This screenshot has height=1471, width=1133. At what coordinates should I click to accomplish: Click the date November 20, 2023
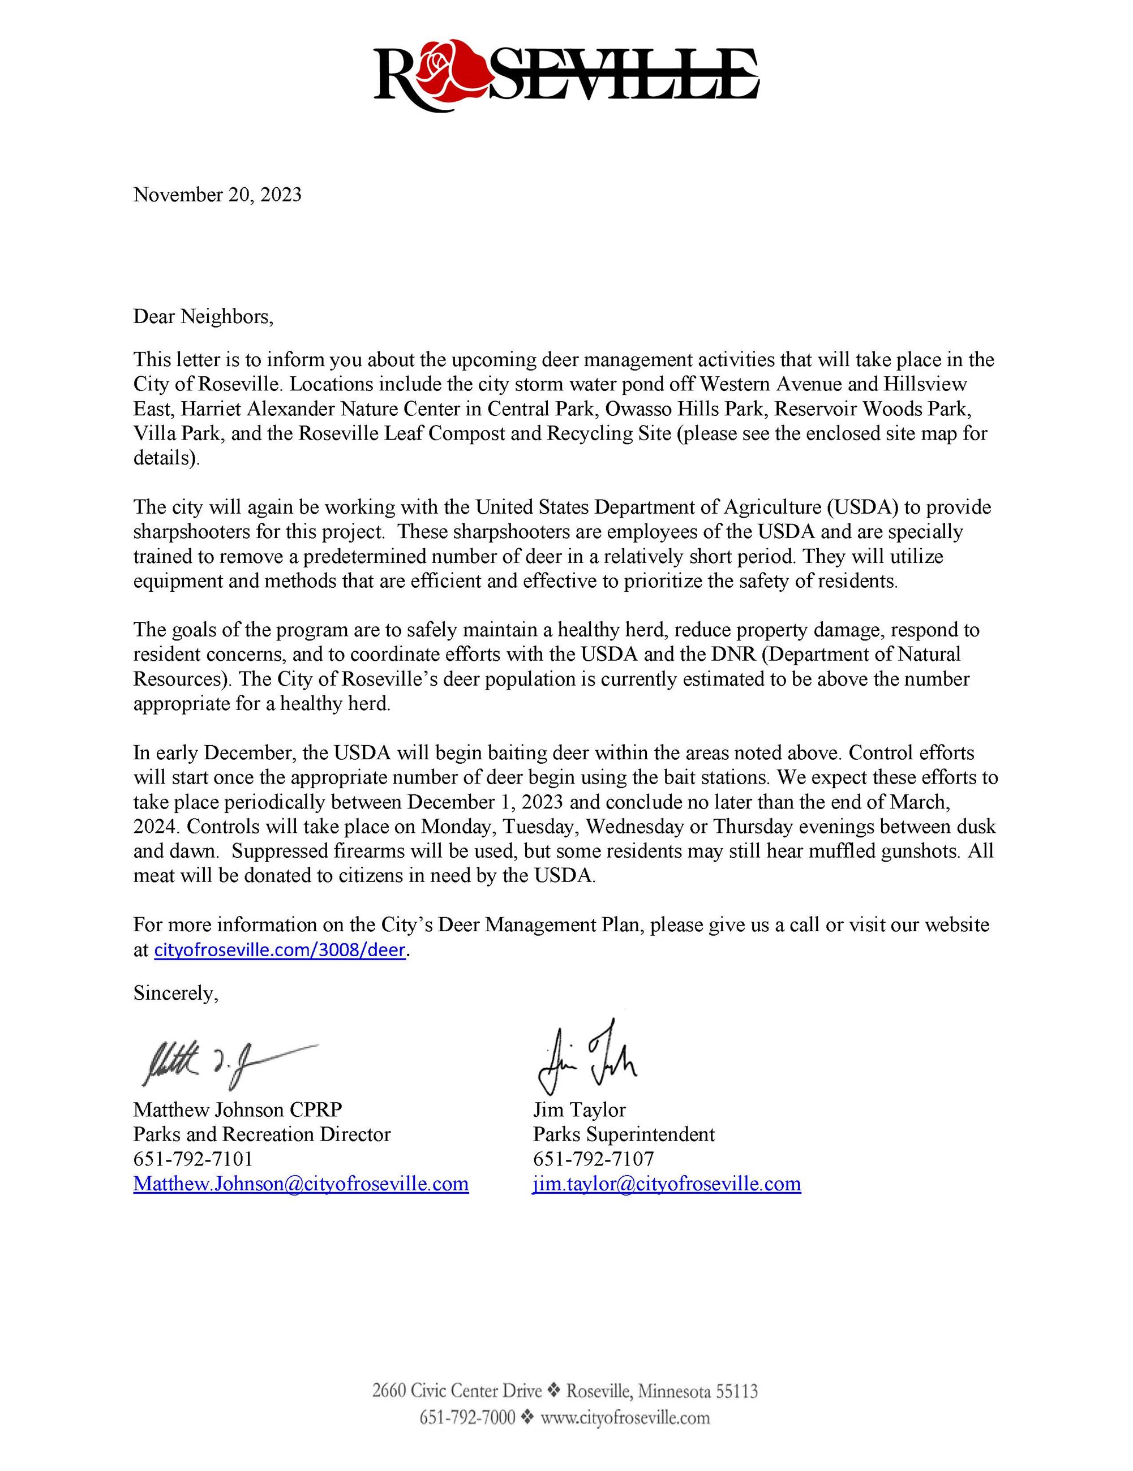pyautogui.click(x=217, y=195)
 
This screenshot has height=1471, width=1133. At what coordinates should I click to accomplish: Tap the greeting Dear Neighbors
pyautogui.click(x=203, y=317)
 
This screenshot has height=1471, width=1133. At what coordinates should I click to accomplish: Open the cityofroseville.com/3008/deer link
pyautogui.click(x=280, y=950)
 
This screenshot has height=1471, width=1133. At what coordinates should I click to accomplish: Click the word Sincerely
pyautogui.click(x=175, y=993)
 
